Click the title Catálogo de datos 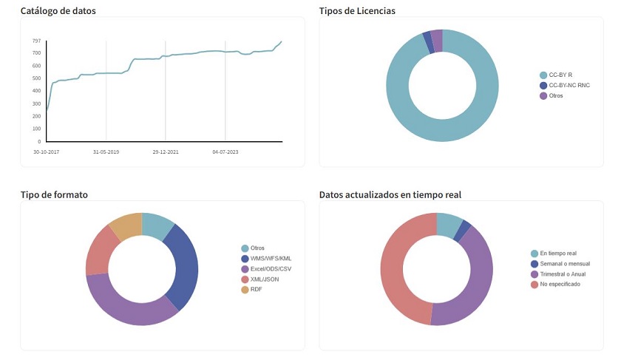[58, 11]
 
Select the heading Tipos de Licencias [356, 11]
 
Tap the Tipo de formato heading [54, 194]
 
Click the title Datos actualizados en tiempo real [390, 194]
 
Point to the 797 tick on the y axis [36, 41]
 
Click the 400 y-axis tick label [36, 91]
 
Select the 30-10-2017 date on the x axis [47, 152]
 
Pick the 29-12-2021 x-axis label [166, 152]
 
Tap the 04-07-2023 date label [225, 152]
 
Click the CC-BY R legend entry [560, 75]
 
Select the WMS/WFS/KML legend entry [271, 258]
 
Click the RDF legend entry [256, 289]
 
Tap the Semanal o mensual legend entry [564, 263]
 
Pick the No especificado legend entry [560, 284]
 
